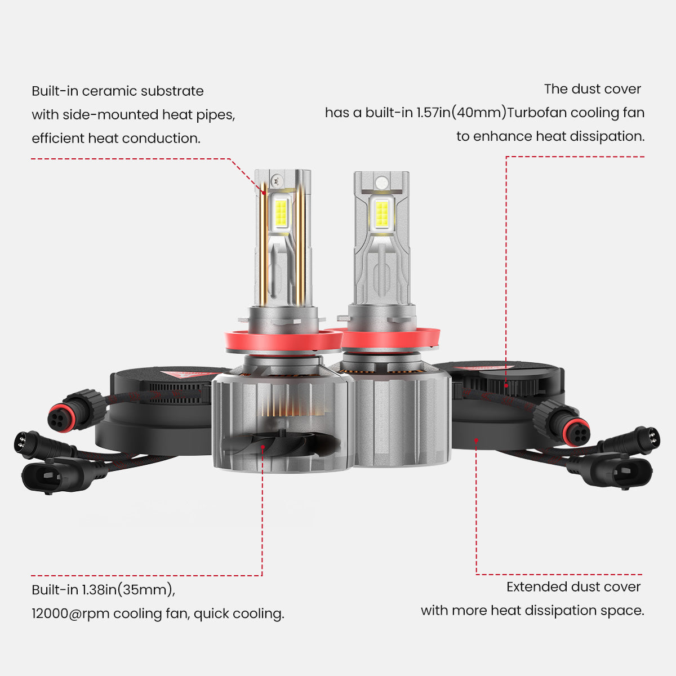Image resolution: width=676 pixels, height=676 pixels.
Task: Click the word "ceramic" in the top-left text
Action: point(110,91)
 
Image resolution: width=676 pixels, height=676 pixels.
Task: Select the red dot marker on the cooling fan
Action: point(263,447)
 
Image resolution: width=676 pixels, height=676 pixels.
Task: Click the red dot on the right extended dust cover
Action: point(476,440)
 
